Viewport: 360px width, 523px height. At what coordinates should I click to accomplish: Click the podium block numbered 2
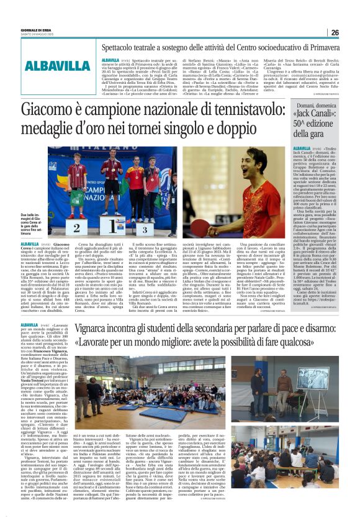coord(78,228)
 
